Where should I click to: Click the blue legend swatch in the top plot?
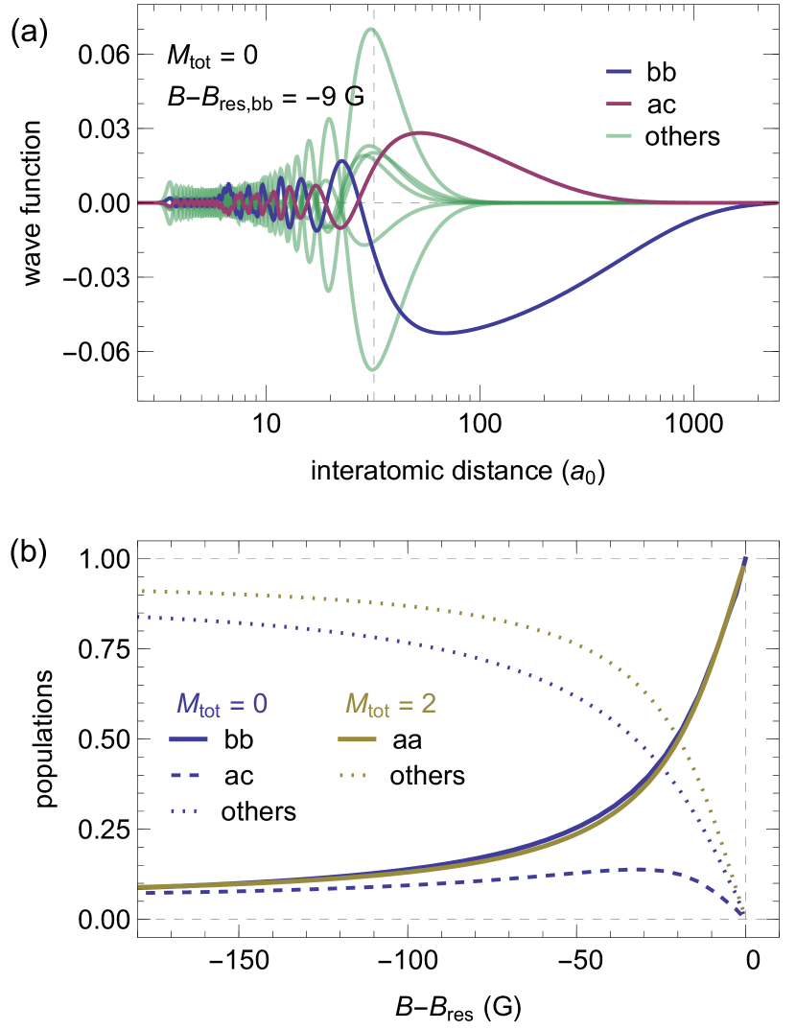click(619, 71)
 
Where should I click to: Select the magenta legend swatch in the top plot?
click(619, 104)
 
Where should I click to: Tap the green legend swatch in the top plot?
click(619, 135)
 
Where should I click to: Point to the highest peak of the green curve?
click(372, 28)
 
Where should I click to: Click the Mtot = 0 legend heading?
click(222, 705)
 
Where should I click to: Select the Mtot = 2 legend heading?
click(390, 705)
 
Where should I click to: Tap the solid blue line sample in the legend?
click(188, 739)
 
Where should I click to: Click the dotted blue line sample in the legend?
click(184, 811)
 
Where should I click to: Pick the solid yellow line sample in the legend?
click(357, 739)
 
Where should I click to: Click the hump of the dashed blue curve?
click(638, 869)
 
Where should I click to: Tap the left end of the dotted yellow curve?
click(143, 590)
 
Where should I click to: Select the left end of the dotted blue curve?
click(140, 616)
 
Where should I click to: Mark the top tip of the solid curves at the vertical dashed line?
click(745, 559)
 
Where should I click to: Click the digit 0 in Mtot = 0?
click(260, 705)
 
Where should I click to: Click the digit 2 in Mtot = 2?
click(429, 705)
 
